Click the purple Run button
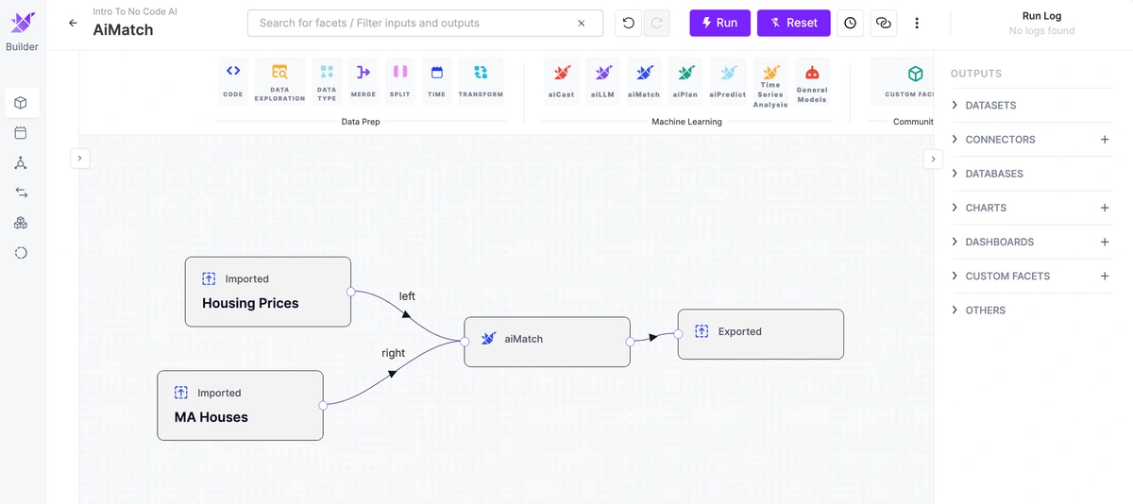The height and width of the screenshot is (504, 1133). (x=719, y=23)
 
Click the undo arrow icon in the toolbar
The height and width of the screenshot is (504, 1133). (x=628, y=23)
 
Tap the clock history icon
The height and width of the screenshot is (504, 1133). (x=851, y=23)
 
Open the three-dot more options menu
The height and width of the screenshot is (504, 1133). (x=917, y=23)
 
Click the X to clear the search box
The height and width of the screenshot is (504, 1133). (x=582, y=23)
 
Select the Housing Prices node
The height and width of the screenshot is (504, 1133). (x=268, y=292)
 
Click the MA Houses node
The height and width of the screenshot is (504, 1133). (x=240, y=406)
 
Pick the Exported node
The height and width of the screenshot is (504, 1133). (x=761, y=334)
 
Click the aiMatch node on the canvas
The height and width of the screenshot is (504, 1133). (x=548, y=342)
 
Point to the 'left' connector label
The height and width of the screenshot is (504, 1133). (x=407, y=296)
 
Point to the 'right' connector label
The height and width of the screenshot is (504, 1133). (x=393, y=353)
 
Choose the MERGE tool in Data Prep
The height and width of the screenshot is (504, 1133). (x=364, y=81)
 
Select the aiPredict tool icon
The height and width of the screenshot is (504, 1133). (x=727, y=81)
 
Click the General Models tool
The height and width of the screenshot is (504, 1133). (x=812, y=81)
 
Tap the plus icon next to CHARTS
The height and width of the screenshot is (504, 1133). (x=1105, y=208)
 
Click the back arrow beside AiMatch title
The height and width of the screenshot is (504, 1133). (x=73, y=23)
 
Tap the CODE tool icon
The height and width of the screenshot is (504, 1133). (x=233, y=81)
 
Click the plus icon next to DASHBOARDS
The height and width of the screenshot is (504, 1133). (x=1105, y=242)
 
